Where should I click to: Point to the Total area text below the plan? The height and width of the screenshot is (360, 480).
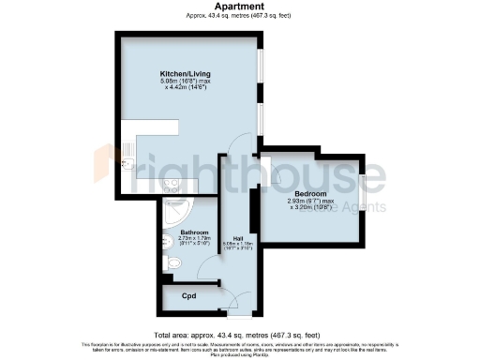pyautogui.click(x=239, y=333)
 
